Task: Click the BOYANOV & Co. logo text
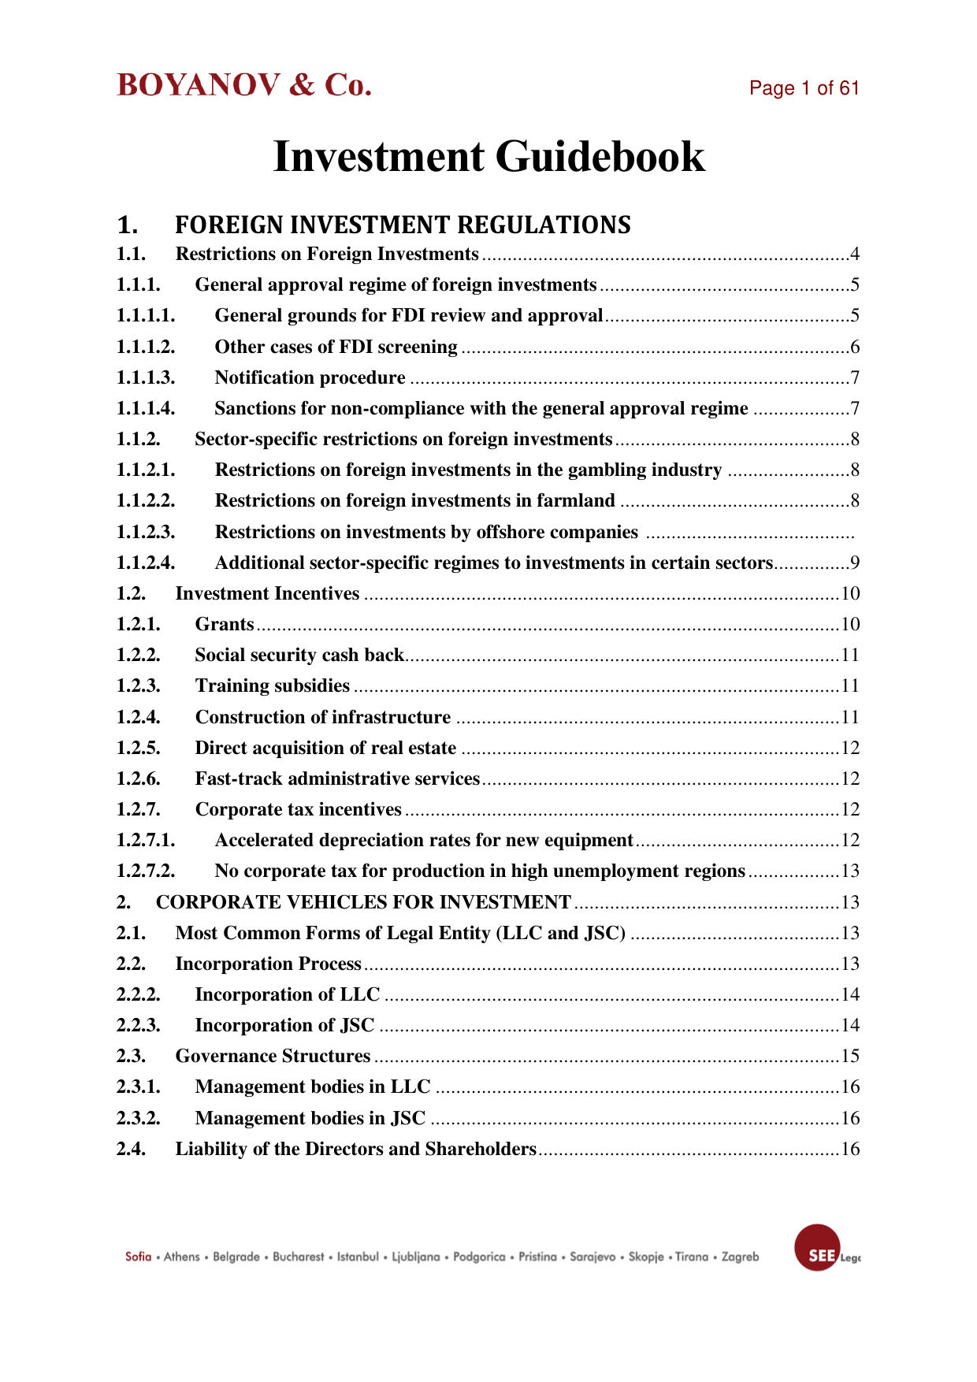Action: pyautogui.click(x=244, y=85)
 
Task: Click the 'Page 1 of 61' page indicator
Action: pyautogui.click(x=804, y=88)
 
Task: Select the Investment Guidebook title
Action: pyautogui.click(x=489, y=156)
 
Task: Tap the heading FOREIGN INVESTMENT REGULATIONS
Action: pyautogui.click(x=402, y=225)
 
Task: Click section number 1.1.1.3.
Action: pyautogui.click(x=146, y=378)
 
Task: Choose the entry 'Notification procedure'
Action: pyautogui.click(x=310, y=378)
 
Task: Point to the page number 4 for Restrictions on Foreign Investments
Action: pyautogui.click(x=854, y=254)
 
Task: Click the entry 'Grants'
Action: pyautogui.click(x=225, y=625)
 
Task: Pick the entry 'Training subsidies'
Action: pyautogui.click(x=272, y=686)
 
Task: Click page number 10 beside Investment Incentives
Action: pyautogui.click(x=850, y=594)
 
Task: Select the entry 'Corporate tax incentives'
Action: pyautogui.click(x=298, y=810)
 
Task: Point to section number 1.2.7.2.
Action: pyautogui.click(x=146, y=871)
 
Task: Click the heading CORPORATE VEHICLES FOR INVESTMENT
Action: pyautogui.click(x=363, y=902)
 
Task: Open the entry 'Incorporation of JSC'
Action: pyautogui.click(x=284, y=1026)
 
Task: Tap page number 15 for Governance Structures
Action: pyautogui.click(x=850, y=1057)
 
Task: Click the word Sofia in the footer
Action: pyautogui.click(x=138, y=1257)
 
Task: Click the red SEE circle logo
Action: pyautogui.click(x=818, y=1248)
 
